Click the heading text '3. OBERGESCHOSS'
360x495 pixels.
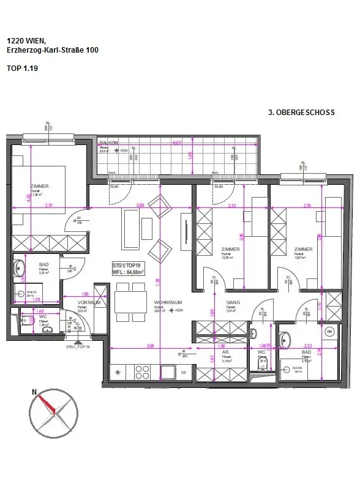pyautogui.click(x=301, y=113)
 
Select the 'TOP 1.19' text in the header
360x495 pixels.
pyautogui.click(x=22, y=69)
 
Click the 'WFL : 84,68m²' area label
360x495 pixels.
pyautogui.click(x=128, y=272)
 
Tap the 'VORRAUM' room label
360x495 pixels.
pyautogui.click(x=88, y=302)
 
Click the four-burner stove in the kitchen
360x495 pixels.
pyautogui.click(x=142, y=372)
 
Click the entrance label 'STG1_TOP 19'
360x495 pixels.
pyautogui.click(x=78, y=346)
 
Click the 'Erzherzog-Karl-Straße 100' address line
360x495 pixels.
pyautogui.click(x=53, y=50)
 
